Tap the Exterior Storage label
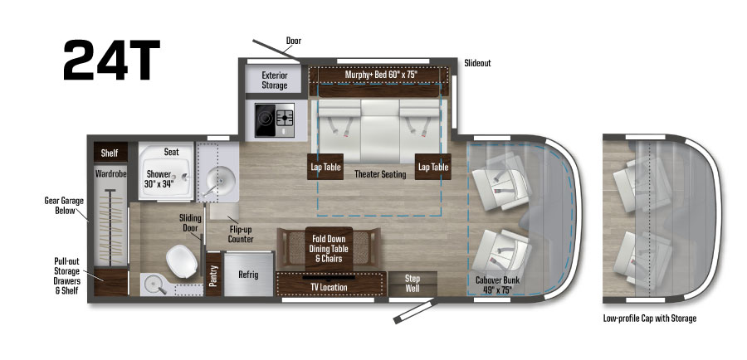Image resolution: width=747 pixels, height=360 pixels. pos(274,80)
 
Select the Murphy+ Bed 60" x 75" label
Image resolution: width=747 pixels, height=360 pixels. pos(380,75)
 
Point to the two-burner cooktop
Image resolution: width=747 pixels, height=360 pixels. pos(274,119)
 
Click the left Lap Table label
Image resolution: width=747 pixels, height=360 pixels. pos(325,167)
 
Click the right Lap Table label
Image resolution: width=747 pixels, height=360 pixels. pos(433,167)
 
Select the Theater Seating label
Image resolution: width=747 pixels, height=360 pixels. pos(379,175)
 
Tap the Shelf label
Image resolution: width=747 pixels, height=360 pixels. pos(110,153)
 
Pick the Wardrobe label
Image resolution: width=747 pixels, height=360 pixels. pos(110,175)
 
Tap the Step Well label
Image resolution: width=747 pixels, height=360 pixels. pos(413,282)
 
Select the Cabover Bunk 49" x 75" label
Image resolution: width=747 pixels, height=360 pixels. pos(497,285)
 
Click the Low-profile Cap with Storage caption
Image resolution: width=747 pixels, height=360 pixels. pos(649,319)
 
